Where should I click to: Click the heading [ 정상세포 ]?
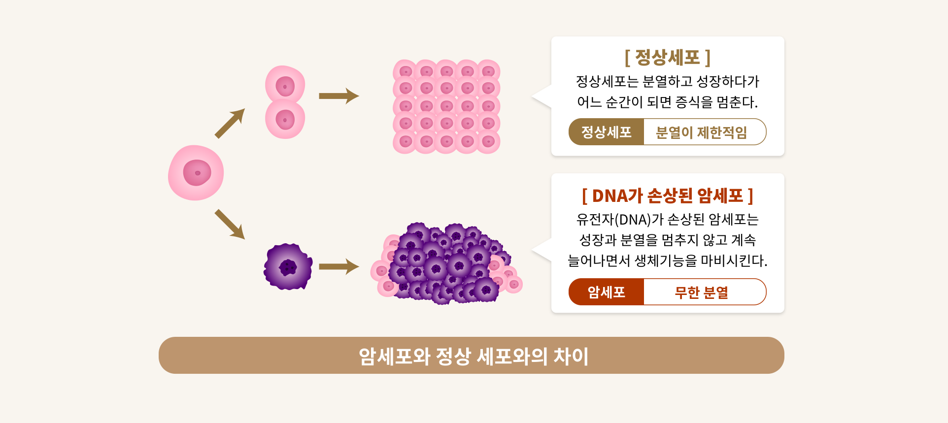(667, 58)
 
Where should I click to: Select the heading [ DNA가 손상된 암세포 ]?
(667, 196)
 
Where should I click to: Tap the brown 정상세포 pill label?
(606, 132)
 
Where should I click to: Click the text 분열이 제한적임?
(701, 132)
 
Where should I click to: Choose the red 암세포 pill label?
(606, 292)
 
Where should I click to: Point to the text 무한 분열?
(701, 292)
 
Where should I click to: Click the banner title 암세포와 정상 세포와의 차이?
(473, 356)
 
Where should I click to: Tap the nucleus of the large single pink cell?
(197, 173)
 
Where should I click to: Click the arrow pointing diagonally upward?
(230, 124)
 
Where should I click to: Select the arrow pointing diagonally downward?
(230, 224)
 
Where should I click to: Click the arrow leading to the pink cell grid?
(339, 96)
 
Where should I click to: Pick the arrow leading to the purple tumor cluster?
(339, 267)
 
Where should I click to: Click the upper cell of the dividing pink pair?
(285, 86)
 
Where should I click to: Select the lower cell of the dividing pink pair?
(285, 120)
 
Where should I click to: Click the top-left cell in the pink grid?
(406, 71)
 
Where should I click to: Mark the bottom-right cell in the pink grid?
(488, 142)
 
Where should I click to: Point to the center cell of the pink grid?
(447, 106)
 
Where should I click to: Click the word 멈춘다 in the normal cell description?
(736, 102)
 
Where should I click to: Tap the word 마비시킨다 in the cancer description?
(733, 260)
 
